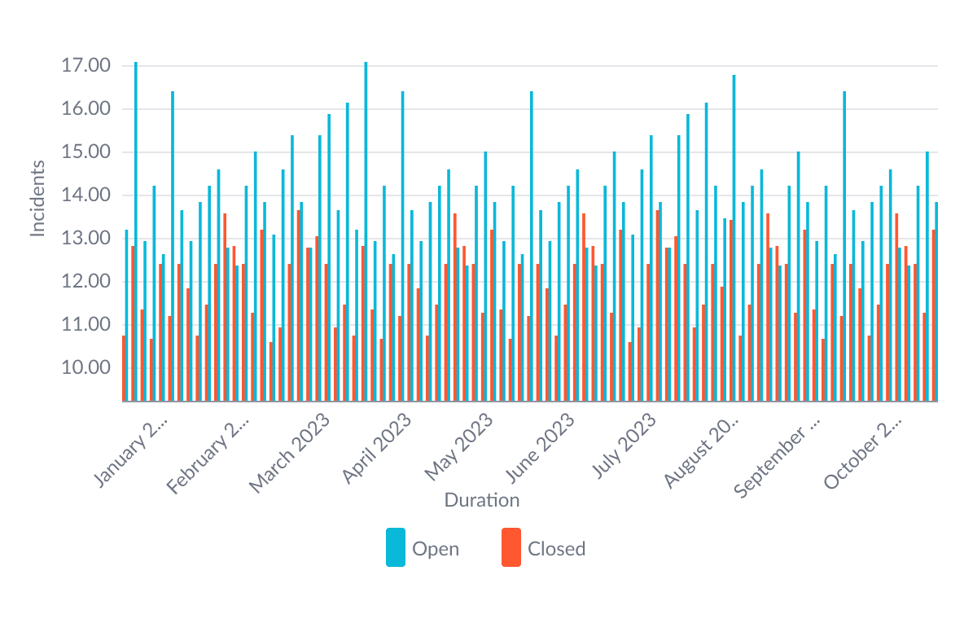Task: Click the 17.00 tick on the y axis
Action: [x=85, y=66]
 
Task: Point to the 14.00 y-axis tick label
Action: [x=85, y=195]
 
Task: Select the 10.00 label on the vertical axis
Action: [x=85, y=368]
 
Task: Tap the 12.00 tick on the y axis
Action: [x=85, y=282]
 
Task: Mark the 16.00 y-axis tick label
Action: [x=85, y=109]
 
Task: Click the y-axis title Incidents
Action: [x=37, y=199]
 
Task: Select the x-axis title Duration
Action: [x=482, y=500]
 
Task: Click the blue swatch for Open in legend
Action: [x=396, y=547]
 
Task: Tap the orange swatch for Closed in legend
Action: [x=511, y=547]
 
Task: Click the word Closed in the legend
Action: [x=557, y=549]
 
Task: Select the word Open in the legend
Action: [x=436, y=549]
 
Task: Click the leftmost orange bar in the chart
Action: [x=124, y=368]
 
